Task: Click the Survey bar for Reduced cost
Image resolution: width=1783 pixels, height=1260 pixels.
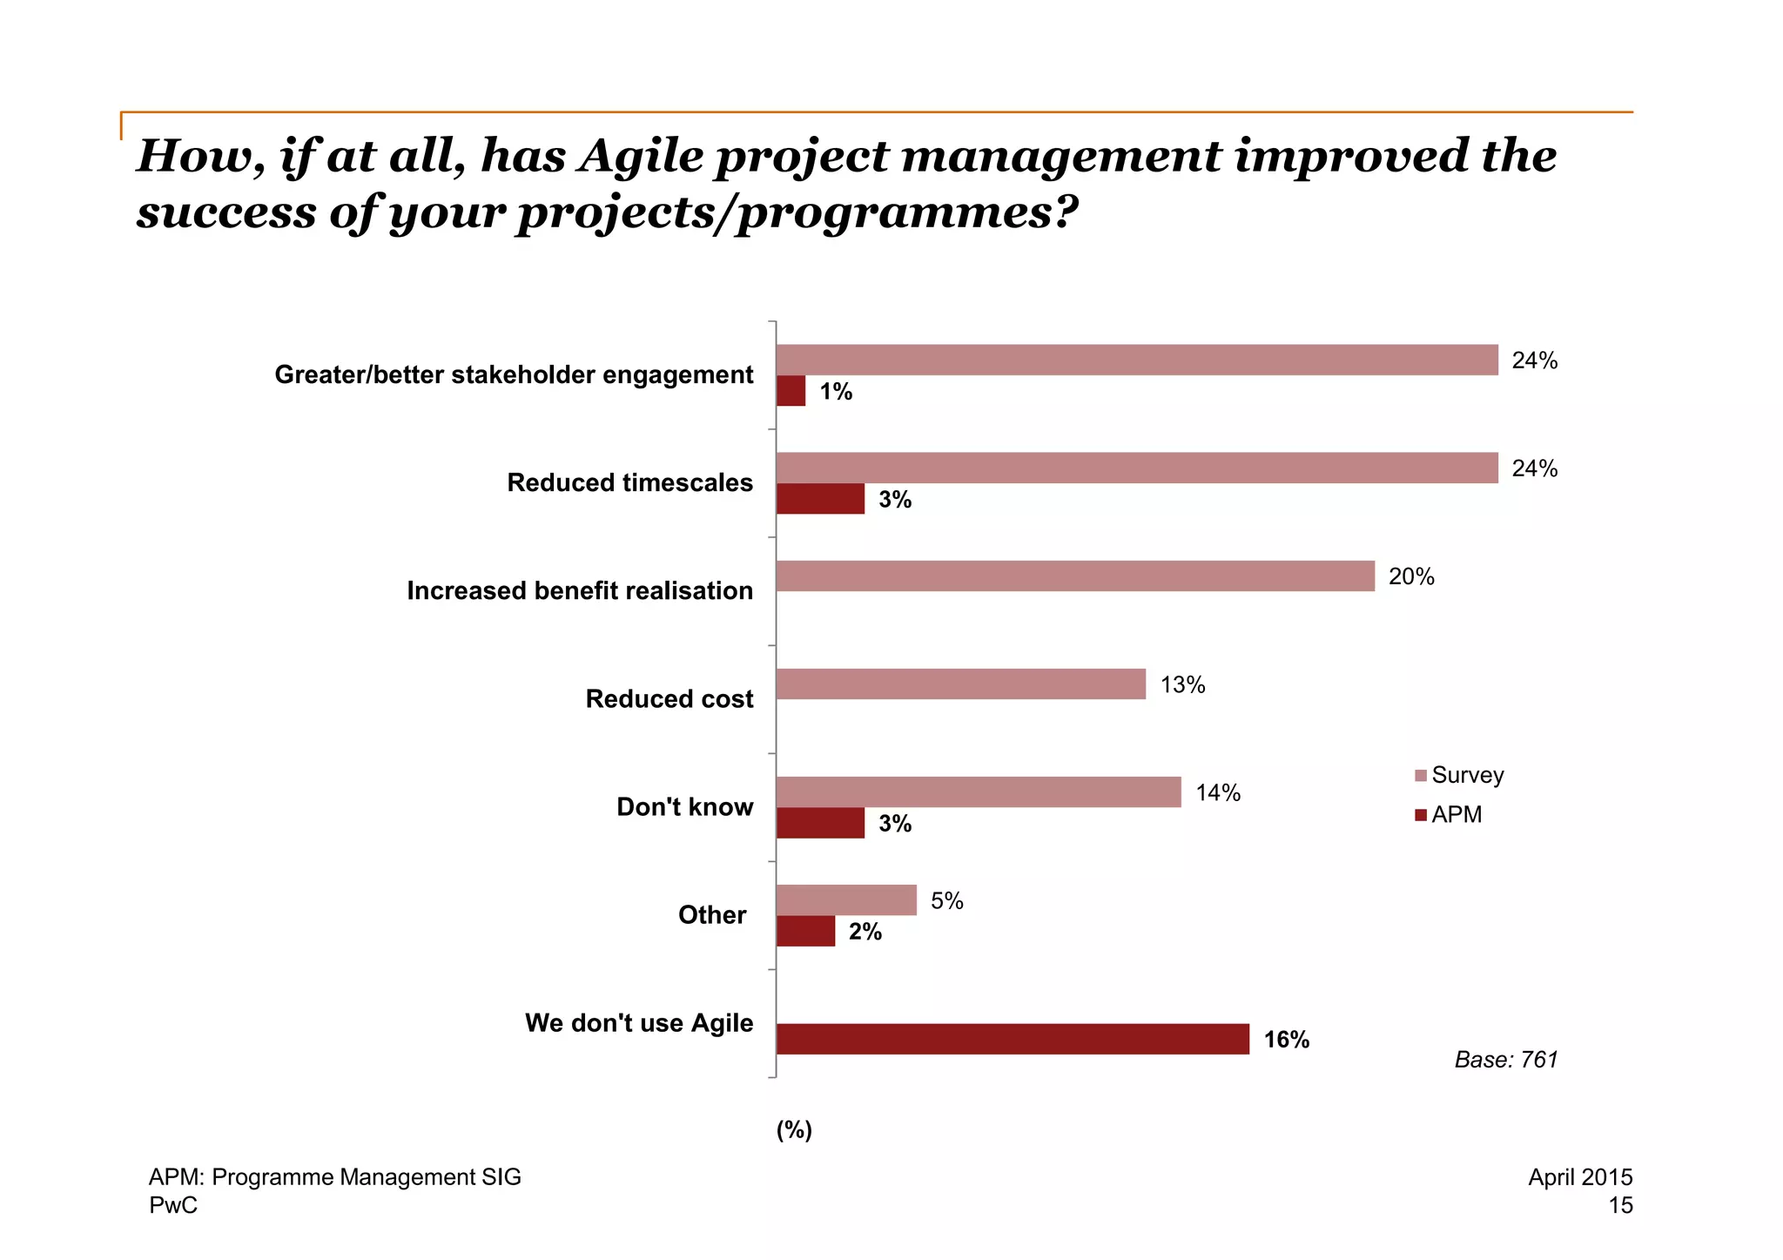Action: pos(960,684)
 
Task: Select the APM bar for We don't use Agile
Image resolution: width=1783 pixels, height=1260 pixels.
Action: pos(1013,1039)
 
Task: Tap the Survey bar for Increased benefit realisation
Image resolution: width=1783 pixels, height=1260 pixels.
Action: pos(1075,576)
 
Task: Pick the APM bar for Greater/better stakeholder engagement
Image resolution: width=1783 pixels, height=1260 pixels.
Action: pos(791,391)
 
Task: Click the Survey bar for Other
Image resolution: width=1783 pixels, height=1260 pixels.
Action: pos(846,900)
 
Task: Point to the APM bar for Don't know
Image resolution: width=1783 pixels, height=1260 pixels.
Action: pos(820,823)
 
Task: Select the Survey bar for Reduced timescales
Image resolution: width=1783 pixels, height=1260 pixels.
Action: pos(1137,468)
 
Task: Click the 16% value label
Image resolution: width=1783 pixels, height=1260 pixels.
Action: pos(1286,1040)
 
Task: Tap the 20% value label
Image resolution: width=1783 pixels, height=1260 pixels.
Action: pos(1410,576)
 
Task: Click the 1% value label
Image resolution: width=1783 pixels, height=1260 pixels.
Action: pos(836,392)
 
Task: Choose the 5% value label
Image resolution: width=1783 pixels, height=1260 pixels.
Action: pos(946,900)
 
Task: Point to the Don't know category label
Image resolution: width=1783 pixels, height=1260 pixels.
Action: pos(684,806)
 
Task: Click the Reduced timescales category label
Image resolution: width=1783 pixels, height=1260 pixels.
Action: pos(629,482)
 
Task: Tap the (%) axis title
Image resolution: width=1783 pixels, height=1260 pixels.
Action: pos(794,1129)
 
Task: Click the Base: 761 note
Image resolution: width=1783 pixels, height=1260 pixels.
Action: pos(1505,1060)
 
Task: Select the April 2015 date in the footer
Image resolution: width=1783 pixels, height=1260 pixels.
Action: pos(1579,1177)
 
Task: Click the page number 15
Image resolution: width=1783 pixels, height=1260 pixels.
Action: pos(1620,1205)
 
